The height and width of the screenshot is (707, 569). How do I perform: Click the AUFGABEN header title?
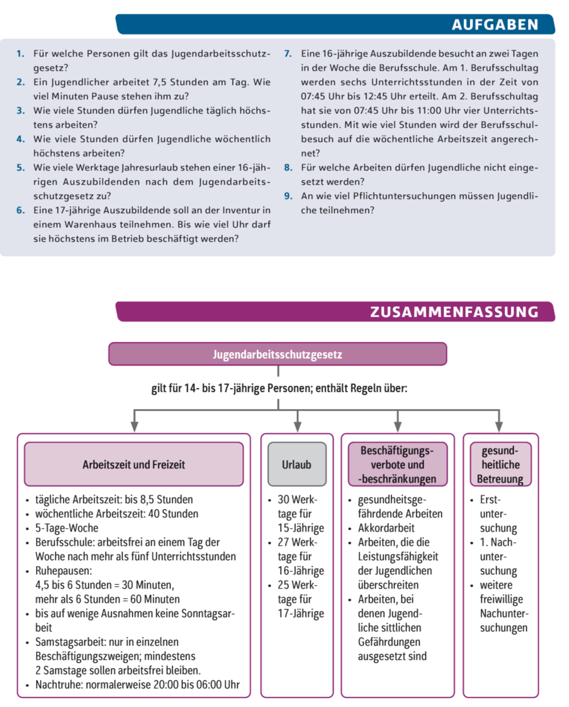494,24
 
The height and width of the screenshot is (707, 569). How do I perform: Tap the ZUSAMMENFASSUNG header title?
454,312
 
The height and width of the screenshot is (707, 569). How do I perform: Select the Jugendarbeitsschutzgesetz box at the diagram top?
278,354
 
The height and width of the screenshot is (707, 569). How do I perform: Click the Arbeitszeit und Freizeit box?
133,464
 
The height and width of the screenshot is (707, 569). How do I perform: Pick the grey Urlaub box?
296,464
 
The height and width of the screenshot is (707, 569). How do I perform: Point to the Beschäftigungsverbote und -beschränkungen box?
397,464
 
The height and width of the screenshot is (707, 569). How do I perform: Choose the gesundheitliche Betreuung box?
499,464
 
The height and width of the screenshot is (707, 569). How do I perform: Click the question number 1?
21,54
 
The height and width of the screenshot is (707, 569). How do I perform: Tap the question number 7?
288,54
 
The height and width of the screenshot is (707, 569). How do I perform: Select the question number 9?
288,196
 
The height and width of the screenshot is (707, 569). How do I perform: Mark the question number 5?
21,167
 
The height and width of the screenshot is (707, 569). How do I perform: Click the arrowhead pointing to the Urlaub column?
297,427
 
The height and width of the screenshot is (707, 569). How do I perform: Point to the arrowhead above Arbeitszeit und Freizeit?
134,427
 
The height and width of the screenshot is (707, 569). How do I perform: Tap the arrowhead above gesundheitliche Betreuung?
499,427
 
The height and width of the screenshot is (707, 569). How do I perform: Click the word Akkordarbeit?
386,528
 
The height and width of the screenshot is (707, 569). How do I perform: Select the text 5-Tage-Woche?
67,528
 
